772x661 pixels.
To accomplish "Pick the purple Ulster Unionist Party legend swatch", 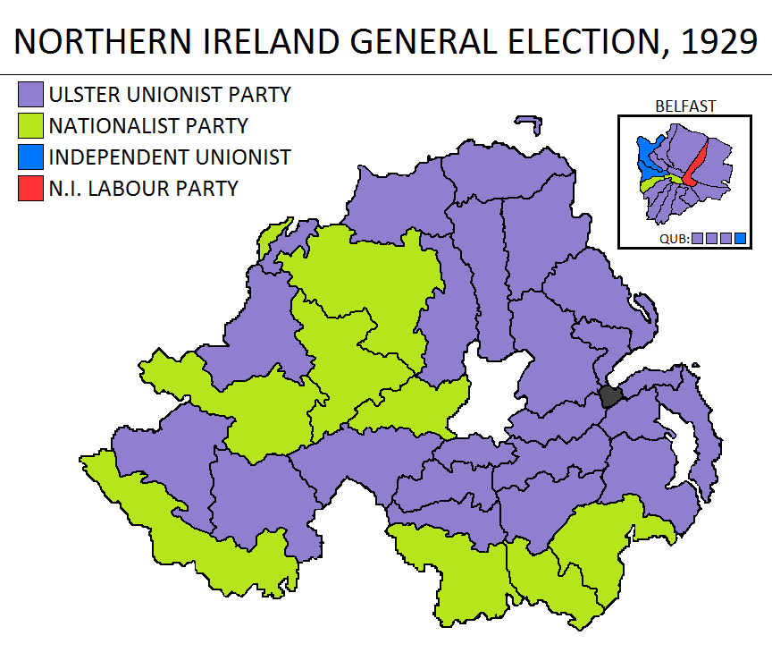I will tap(31, 95).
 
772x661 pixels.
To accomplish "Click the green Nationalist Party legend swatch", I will tap(31, 126).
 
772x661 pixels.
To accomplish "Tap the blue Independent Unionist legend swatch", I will tap(31, 157).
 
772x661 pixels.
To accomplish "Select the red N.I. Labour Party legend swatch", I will tap(31, 189).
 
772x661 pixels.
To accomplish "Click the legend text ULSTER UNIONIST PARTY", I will tap(170, 95).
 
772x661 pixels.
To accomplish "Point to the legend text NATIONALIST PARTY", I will tap(148, 126).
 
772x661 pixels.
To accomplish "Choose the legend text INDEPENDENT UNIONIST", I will tap(170, 157).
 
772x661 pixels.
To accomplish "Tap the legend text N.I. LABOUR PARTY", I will tap(144, 189).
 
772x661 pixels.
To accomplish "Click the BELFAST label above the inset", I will tap(685, 106).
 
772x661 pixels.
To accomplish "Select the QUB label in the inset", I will tap(674, 239).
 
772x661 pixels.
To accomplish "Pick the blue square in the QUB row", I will tap(740, 239).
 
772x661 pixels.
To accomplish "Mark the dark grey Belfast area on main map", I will tap(611, 395).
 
